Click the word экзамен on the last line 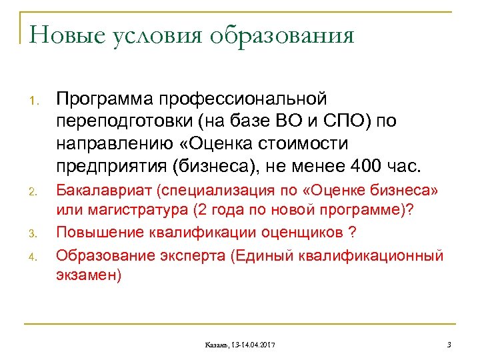click(x=89, y=275)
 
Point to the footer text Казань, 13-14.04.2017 click(x=241, y=344)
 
